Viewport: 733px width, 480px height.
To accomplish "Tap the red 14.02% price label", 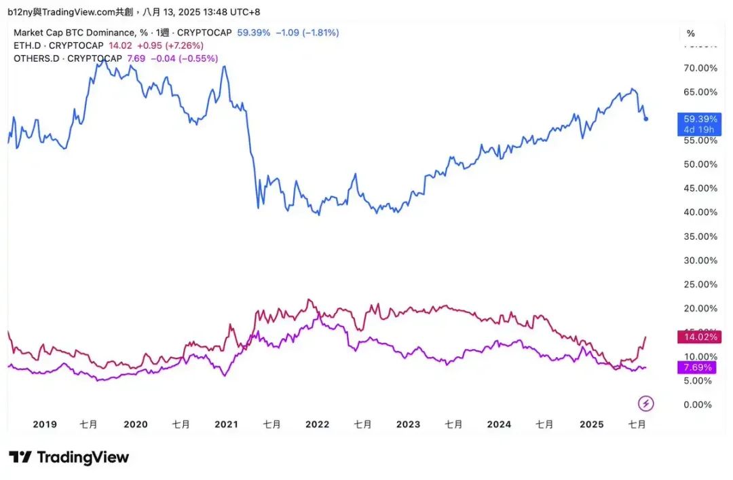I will [698, 337].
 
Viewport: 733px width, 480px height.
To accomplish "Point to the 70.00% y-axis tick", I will [700, 68].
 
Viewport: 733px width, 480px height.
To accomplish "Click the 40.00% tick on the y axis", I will [700, 213].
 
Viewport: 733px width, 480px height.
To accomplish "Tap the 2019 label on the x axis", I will [45, 424].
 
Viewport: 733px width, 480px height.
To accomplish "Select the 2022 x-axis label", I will [317, 424].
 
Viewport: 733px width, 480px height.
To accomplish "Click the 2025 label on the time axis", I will [591, 424].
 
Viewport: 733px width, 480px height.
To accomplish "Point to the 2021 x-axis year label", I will [226, 424].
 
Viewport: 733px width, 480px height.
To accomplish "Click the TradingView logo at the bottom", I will [69, 457].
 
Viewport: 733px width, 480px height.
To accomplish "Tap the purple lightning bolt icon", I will [646, 404].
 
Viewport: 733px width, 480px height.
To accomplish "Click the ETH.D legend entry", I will [58, 45].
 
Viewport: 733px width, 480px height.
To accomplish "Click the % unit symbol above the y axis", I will [691, 33].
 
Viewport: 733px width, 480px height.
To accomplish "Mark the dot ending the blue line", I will [646, 119].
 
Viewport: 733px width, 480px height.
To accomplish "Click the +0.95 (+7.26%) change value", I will [170, 45].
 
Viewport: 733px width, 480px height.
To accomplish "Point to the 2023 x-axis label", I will [408, 424].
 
